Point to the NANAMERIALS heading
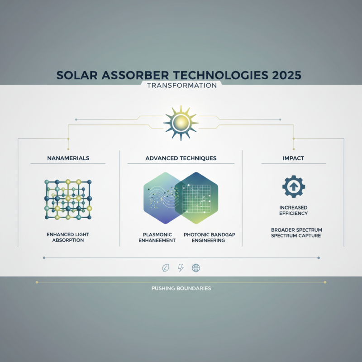click(x=68, y=158)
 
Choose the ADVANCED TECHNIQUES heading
click(x=181, y=158)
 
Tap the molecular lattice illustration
click(x=68, y=199)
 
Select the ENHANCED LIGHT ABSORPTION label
click(x=68, y=237)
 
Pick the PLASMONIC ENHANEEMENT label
click(x=156, y=237)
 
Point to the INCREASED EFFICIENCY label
click(x=294, y=210)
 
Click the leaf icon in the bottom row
click(x=166, y=268)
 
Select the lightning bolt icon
click(x=181, y=268)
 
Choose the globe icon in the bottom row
click(x=196, y=268)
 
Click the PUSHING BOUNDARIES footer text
click(x=181, y=288)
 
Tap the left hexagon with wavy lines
click(x=161, y=198)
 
